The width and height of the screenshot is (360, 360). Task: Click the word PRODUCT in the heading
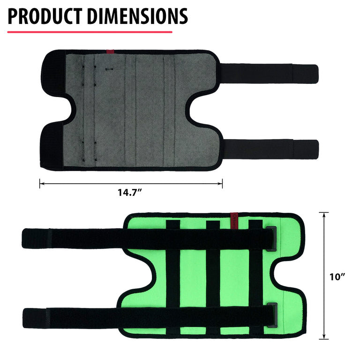45,16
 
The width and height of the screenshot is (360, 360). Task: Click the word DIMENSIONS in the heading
137,16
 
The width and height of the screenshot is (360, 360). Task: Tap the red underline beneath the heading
90,32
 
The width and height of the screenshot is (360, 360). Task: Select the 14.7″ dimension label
130,192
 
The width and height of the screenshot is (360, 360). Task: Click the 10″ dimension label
337,277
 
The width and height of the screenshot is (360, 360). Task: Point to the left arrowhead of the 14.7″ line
42,183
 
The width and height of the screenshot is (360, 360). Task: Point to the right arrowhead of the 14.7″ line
220,183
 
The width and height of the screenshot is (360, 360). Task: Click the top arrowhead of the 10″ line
324,215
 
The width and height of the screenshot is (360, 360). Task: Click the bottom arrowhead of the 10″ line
324,337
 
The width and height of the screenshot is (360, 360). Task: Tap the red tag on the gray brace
110,52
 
